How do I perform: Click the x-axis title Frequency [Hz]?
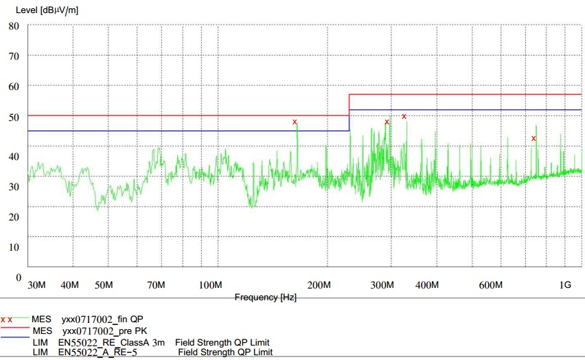(x=265, y=297)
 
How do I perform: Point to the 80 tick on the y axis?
(x=14, y=26)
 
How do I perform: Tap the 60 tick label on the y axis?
(x=14, y=86)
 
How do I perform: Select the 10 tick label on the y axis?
(x=14, y=246)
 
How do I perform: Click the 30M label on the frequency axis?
(x=36, y=285)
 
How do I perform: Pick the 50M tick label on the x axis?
(x=103, y=285)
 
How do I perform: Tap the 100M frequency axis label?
(x=209, y=285)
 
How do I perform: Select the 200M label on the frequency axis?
(x=319, y=285)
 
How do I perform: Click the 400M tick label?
(x=427, y=285)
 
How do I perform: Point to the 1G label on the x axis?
(x=564, y=285)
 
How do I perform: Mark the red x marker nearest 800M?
(x=534, y=139)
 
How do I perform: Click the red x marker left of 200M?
(x=295, y=122)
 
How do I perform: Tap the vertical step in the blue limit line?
(x=349, y=120)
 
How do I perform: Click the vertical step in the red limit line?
(x=349, y=104)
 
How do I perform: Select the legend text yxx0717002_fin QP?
(x=103, y=319)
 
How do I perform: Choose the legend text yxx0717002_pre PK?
(x=104, y=330)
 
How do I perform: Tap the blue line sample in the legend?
(x=15, y=337)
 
